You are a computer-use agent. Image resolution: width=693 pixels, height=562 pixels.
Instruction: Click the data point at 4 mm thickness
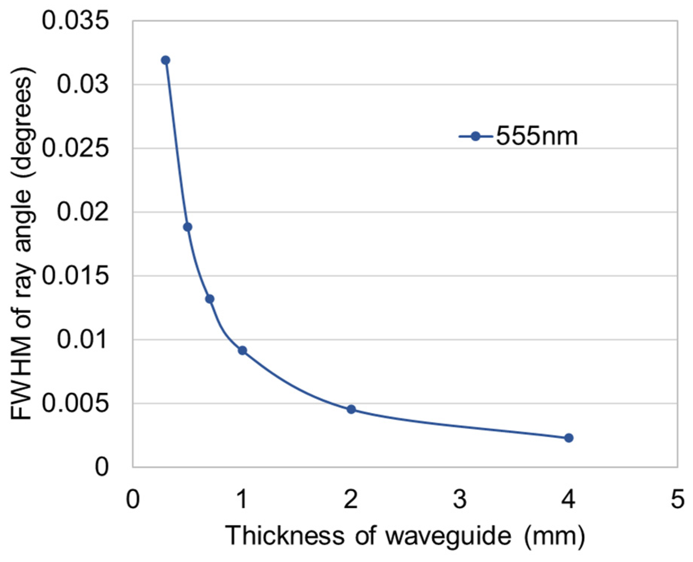click(x=568, y=438)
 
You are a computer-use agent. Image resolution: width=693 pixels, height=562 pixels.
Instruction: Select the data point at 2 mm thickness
click(x=351, y=409)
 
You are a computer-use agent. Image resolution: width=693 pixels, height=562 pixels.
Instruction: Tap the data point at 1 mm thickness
click(x=242, y=350)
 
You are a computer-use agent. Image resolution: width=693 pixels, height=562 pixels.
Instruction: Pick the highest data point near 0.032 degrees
click(x=165, y=60)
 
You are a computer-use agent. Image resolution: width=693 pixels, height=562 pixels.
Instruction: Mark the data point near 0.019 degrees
click(x=188, y=227)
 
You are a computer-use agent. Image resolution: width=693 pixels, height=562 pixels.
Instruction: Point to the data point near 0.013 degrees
click(x=210, y=299)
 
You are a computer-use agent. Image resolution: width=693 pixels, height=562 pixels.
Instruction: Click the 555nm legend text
click(x=537, y=137)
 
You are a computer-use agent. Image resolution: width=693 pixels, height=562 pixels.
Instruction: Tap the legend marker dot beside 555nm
click(x=475, y=137)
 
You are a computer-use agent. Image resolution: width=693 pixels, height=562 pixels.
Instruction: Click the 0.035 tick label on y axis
click(x=75, y=21)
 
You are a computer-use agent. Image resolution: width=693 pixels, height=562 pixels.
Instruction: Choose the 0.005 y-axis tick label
click(x=75, y=403)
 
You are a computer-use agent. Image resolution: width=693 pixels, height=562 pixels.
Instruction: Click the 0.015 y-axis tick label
click(x=75, y=276)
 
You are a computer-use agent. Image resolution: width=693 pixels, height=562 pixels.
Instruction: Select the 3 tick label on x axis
click(x=459, y=500)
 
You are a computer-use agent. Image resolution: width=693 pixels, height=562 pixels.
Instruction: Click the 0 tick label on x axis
click(x=133, y=500)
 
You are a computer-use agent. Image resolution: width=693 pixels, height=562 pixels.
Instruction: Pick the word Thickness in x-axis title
click(x=285, y=536)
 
